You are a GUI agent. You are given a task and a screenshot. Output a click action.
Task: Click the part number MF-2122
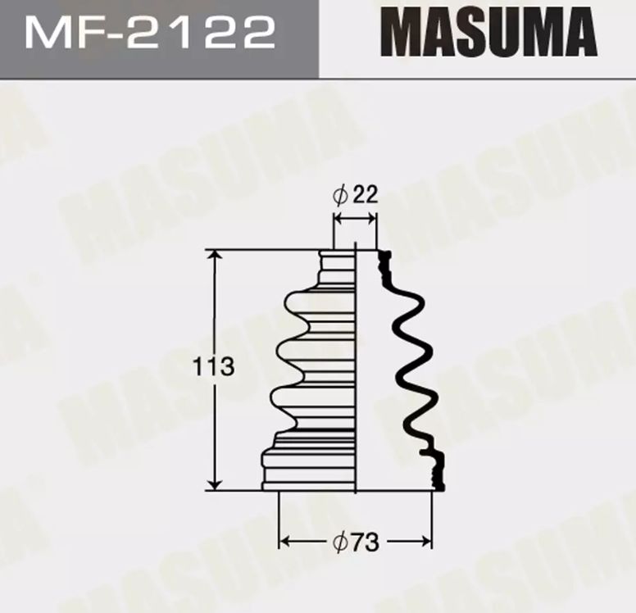(x=150, y=33)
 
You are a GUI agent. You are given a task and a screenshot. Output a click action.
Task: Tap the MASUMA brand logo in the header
(x=488, y=31)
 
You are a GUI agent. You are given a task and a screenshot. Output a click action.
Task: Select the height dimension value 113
(x=213, y=366)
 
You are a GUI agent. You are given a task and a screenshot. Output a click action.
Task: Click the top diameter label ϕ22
(x=355, y=195)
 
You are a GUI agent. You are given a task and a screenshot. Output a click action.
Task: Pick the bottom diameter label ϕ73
(x=356, y=542)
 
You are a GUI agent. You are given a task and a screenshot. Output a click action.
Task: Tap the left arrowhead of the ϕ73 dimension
(x=285, y=541)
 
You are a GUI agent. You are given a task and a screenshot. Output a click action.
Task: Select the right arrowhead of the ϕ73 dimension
(x=425, y=541)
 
